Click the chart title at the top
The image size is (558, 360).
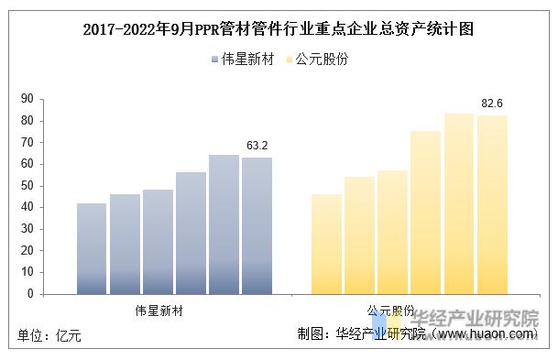pos(279,28)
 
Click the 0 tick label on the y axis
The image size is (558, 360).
pos(29,294)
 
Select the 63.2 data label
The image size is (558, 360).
pos(257,145)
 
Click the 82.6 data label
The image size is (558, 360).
pos(493,104)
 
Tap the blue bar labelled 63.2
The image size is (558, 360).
pos(257,225)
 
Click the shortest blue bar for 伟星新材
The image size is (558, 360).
pos(92,248)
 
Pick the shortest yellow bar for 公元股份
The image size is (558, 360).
pos(327,244)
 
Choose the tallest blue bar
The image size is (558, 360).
pos(224,224)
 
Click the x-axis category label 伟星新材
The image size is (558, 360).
pos(159,311)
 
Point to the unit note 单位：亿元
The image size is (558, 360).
pos(50,336)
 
